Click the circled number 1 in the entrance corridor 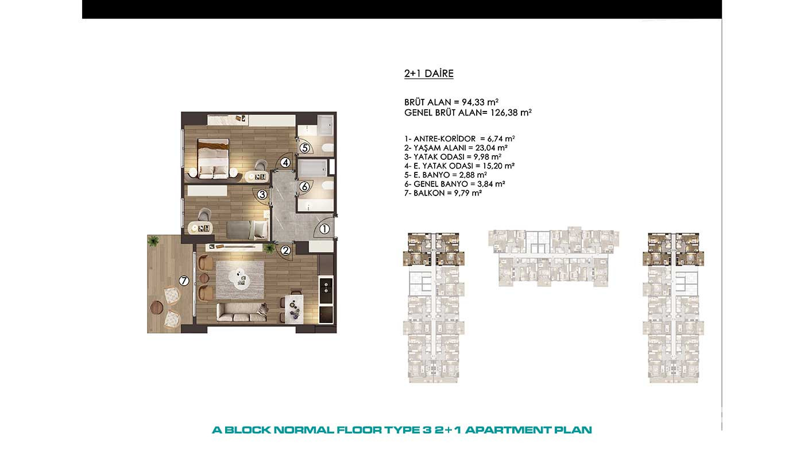coord(324,229)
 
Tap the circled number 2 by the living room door coord(286,250)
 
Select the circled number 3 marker coord(262,195)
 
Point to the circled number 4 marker coord(285,163)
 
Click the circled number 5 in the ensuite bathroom coord(305,148)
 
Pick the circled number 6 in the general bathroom coord(304,186)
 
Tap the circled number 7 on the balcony coord(184,281)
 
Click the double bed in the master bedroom coord(213,159)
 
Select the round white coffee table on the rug coord(239,277)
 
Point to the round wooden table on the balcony coord(157,308)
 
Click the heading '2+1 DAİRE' coord(429,74)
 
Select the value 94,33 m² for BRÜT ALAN coord(479,102)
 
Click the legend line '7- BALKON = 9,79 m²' coord(443,193)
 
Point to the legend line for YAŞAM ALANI coord(456,148)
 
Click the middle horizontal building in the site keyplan coord(554,256)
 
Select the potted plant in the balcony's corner coord(154,240)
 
